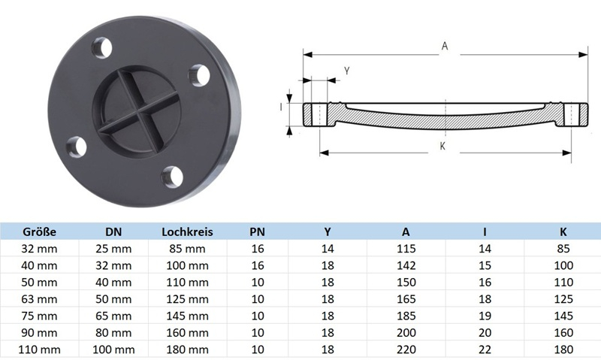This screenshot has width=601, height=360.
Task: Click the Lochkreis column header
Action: tap(187, 232)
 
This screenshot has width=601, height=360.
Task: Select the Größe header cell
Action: tap(40, 232)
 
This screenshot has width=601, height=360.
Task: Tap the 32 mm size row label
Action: tap(39, 249)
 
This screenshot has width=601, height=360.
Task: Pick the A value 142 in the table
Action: tap(406, 266)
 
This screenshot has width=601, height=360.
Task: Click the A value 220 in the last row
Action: tap(406, 349)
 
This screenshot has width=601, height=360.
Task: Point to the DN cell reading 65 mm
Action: tap(113, 316)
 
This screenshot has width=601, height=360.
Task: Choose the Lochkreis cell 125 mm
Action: tap(187, 299)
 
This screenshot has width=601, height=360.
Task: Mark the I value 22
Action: tap(485, 349)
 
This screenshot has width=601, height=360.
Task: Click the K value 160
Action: tap(563, 333)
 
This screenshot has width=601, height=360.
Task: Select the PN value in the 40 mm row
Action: tap(258, 266)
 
